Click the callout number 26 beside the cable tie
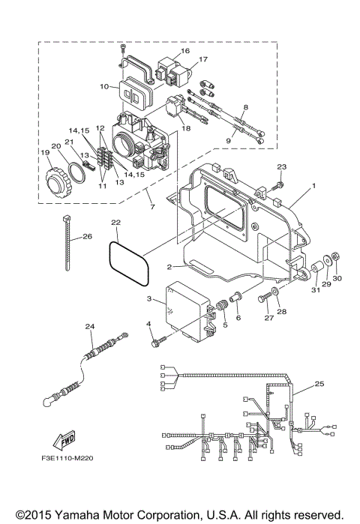click(x=88, y=237)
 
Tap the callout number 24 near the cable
click(x=90, y=327)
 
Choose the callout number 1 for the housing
click(x=314, y=185)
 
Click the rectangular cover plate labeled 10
click(x=136, y=96)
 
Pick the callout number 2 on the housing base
click(x=171, y=267)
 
